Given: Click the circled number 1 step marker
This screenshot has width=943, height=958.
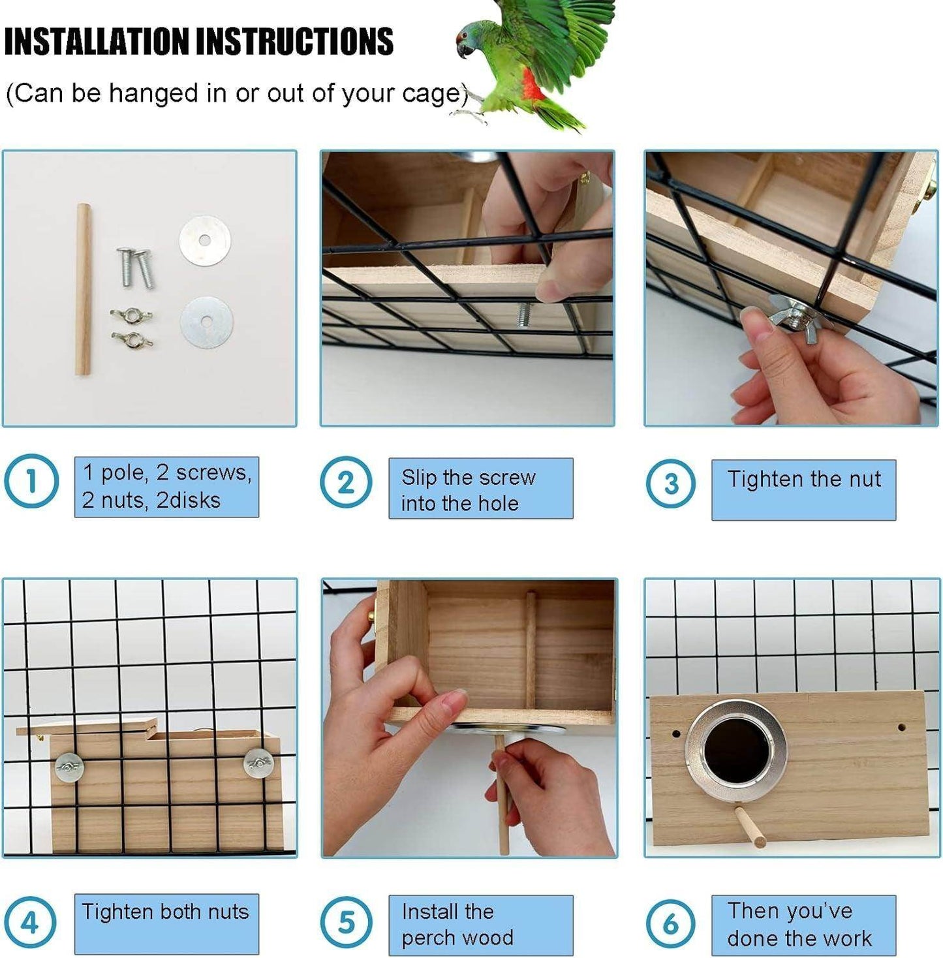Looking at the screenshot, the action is pyautogui.click(x=31, y=481).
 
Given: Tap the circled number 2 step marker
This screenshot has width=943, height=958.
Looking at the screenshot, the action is pyautogui.click(x=346, y=483).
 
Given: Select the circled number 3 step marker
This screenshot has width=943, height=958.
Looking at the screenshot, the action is pyautogui.click(x=671, y=484).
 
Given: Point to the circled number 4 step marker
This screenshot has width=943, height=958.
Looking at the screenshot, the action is pyautogui.click(x=30, y=923).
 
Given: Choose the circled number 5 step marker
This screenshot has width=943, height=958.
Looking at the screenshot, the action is pyautogui.click(x=346, y=923).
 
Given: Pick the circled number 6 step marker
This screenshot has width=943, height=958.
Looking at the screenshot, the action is pyautogui.click(x=671, y=923).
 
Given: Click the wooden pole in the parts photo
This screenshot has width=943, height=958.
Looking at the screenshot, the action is pyautogui.click(x=84, y=289).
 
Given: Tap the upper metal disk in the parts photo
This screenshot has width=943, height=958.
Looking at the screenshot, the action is pyautogui.click(x=205, y=240).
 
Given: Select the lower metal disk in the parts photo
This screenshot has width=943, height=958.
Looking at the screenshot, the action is pyautogui.click(x=206, y=322).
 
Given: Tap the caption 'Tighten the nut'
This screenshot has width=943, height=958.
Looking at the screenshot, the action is pyautogui.click(x=804, y=479).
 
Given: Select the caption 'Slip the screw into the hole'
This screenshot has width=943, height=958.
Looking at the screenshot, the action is pyautogui.click(x=469, y=490).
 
